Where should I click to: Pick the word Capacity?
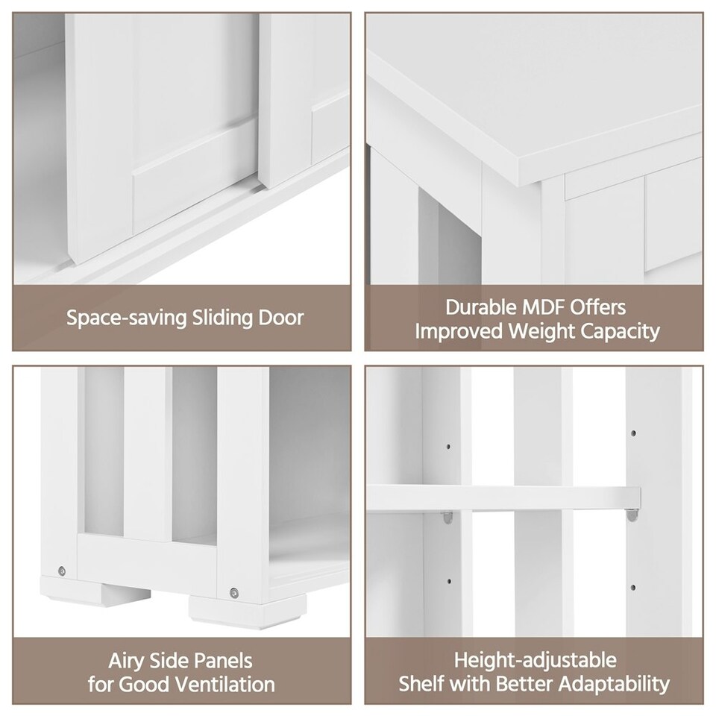point(622,331)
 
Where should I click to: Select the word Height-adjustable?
point(536,660)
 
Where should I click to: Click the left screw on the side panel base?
point(61,571)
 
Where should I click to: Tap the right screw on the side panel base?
point(234,593)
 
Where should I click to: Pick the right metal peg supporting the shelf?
point(632,513)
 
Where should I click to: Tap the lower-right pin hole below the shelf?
point(633,588)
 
